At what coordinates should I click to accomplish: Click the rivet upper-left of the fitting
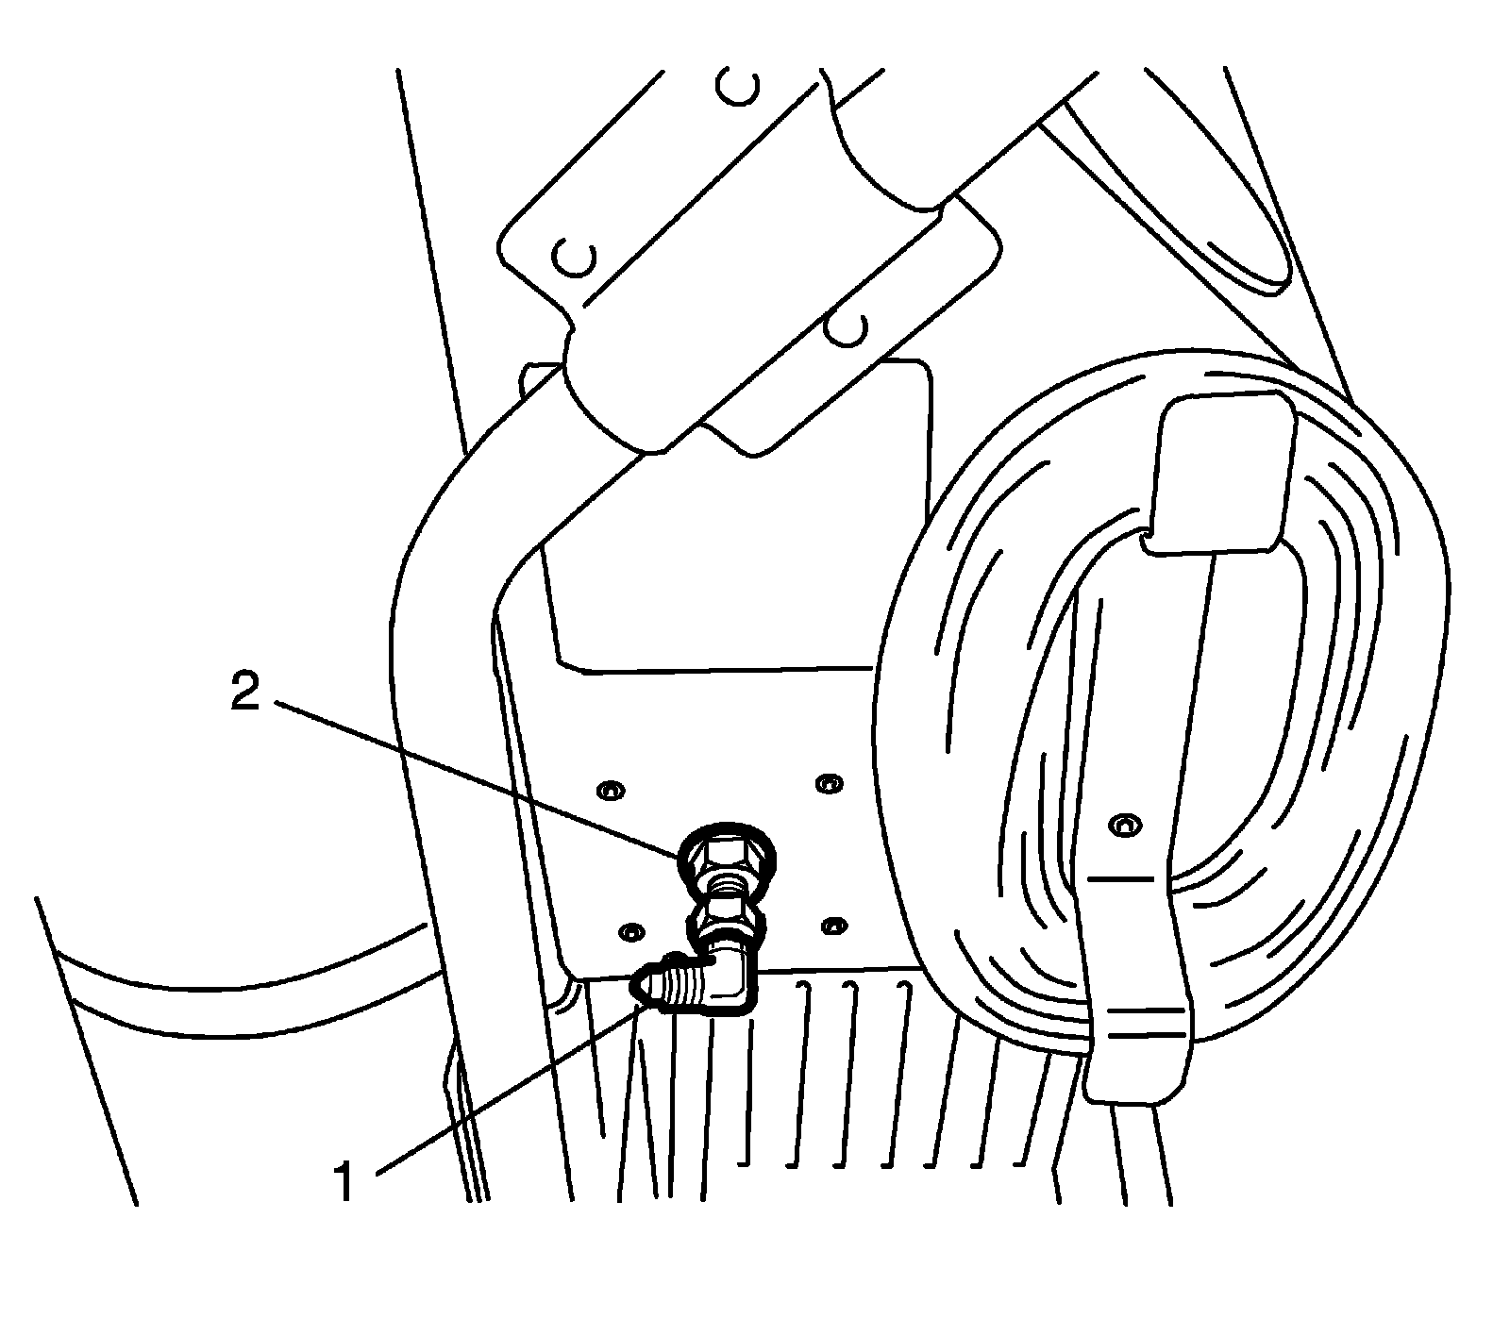point(611,788)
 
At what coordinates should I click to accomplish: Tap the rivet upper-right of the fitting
point(828,782)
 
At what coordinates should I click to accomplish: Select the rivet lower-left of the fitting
point(630,931)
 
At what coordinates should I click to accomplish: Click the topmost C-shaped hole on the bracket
point(737,88)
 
